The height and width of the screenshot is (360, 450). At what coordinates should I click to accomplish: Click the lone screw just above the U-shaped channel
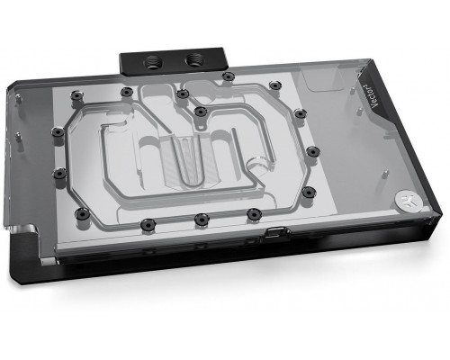[x=200, y=112]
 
